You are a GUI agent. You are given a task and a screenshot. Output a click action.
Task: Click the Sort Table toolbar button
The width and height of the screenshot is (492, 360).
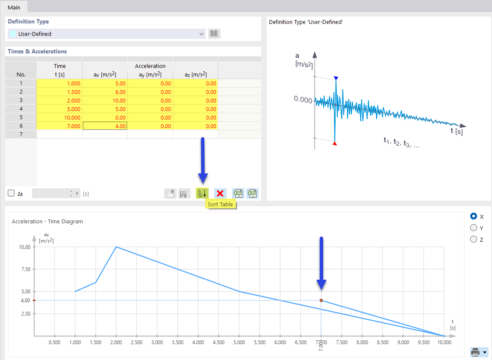tap(202, 193)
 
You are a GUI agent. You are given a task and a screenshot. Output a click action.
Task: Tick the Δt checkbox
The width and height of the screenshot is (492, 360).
tap(12, 193)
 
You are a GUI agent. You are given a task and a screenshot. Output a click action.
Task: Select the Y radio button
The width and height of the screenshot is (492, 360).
tap(474, 228)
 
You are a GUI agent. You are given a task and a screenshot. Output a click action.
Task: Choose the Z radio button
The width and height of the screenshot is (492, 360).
tap(474, 240)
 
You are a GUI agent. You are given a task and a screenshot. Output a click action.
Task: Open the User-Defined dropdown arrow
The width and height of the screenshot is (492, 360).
tap(202, 34)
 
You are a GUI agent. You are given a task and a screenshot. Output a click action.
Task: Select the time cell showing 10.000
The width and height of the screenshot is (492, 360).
tap(60, 117)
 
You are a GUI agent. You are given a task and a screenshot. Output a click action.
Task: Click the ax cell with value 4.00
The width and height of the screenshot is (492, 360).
tap(105, 126)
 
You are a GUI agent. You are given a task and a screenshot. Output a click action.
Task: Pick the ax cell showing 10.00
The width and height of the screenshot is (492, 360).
tap(105, 100)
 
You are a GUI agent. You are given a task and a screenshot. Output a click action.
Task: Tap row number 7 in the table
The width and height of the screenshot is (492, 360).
tap(21, 135)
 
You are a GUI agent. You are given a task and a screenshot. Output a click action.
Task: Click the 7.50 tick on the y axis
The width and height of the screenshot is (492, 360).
tap(25, 269)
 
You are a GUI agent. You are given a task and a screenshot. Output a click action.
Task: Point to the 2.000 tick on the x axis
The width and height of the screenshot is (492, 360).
tap(116, 342)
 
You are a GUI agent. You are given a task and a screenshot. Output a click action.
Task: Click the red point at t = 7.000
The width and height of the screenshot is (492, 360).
tap(321, 301)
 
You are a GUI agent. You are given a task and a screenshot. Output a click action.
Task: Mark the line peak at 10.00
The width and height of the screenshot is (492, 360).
tap(116, 247)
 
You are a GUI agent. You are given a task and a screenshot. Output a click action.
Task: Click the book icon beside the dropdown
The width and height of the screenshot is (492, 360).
tap(214, 34)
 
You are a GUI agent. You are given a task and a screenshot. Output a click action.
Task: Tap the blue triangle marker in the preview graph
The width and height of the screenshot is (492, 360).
tap(336, 78)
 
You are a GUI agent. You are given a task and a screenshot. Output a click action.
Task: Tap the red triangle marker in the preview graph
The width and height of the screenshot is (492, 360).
tap(335, 144)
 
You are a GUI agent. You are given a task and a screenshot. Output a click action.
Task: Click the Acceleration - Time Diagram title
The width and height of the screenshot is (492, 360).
tap(47, 222)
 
